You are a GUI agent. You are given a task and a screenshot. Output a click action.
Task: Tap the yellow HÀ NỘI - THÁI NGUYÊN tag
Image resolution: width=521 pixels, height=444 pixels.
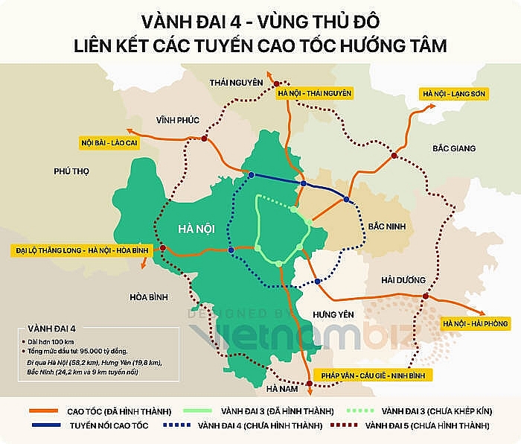coord(313,93)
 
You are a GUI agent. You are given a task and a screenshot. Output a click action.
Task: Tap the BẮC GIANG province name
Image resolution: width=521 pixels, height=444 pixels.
coord(453,148)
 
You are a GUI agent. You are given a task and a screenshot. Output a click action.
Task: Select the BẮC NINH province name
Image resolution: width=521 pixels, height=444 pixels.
coord(386,225)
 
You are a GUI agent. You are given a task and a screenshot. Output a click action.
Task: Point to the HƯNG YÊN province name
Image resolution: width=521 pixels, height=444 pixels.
coord(330,314)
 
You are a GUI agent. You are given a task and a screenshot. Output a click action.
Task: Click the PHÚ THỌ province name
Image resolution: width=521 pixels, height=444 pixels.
coord(71,171)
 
